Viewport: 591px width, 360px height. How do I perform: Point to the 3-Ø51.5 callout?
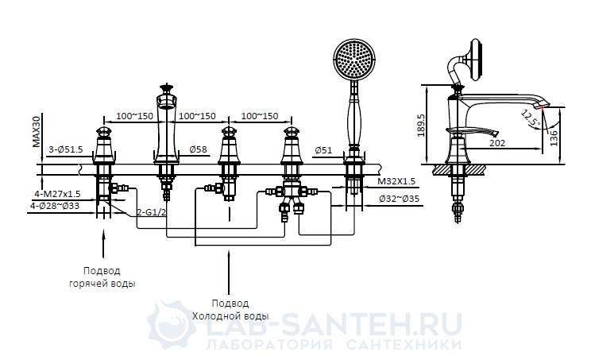66,149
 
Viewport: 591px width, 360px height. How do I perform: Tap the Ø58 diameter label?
199,149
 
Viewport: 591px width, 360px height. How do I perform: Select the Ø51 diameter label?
323,149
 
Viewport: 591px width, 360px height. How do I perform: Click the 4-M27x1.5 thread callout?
57,194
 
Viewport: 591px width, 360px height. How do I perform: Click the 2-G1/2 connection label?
150,212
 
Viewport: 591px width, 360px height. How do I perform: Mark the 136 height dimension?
554,137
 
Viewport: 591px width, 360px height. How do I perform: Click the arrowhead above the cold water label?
228,256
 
